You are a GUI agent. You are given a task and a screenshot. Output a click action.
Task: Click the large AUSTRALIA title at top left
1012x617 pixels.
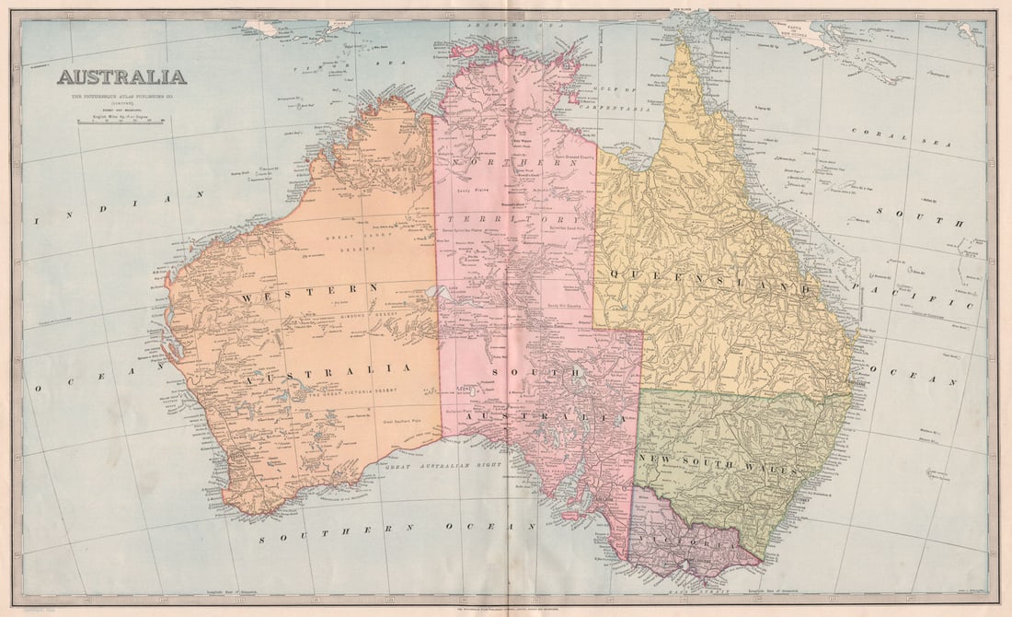(x=121, y=77)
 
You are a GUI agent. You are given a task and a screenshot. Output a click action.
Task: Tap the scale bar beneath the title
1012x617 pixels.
(x=121, y=121)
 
